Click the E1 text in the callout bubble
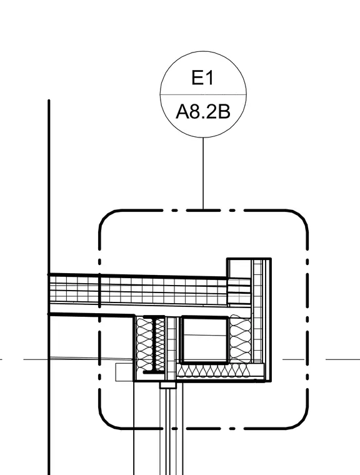(202, 77)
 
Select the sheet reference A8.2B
(203, 111)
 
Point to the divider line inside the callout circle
(203, 94)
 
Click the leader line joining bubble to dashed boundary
(203, 173)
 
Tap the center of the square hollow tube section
(204, 339)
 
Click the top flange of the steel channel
(154, 317)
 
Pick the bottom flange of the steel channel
(154, 372)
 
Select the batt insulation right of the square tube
(240, 339)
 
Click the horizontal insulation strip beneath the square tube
(220, 371)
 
